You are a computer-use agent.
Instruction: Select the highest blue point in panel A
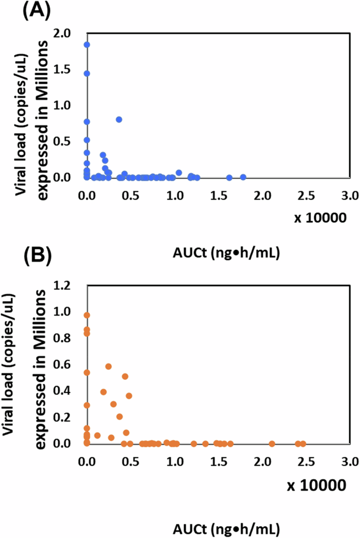87,45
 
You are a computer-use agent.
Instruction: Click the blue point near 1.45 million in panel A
87,74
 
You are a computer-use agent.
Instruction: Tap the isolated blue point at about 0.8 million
119,119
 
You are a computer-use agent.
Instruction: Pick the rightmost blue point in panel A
243,177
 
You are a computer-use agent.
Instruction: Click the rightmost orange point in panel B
303,443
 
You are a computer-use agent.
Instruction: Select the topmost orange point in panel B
87,316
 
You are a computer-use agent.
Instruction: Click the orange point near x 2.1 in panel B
272,443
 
